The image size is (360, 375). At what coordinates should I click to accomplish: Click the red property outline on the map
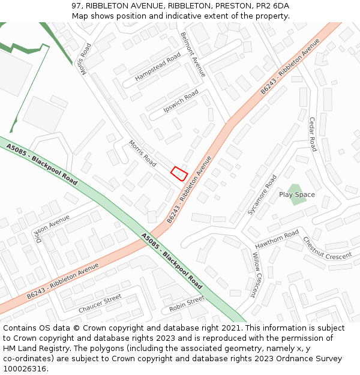tap(179, 173)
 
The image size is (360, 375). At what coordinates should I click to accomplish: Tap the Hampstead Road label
tap(158, 67)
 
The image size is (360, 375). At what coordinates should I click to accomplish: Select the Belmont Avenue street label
tap(193, 54)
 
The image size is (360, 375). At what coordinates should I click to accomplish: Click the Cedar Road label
tap(313, 134)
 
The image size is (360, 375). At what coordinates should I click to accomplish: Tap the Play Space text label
tap(297, 194)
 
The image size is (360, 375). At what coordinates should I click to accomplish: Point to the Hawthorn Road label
tap(277, 241)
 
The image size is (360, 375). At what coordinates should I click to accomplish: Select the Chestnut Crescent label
tap(328, 247)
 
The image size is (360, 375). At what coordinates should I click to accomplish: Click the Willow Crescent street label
tap(257, 275)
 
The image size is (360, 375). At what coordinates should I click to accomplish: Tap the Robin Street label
tap(187, 304)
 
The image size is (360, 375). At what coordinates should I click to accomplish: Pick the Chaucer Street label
tap(100, 304)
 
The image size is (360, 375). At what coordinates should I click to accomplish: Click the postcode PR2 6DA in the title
tap(274, 6)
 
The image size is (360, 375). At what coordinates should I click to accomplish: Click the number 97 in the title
tap(76, 6)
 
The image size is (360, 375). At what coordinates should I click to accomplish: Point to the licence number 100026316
tap(25, 368)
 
